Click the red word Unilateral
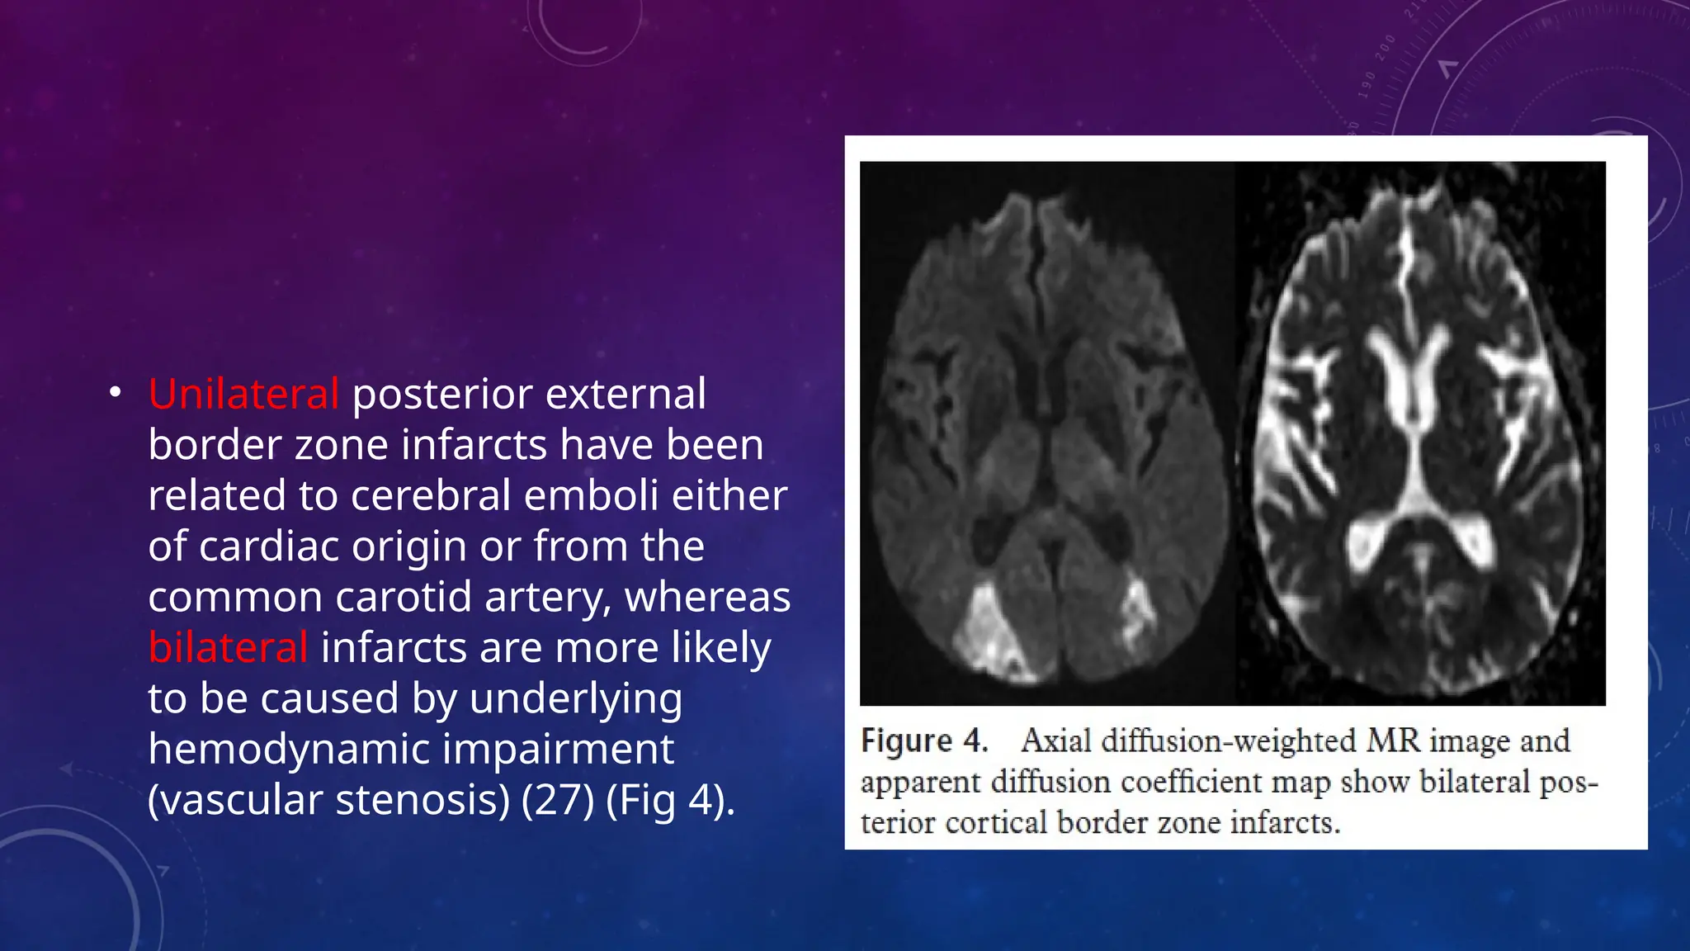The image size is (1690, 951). click(243, 394)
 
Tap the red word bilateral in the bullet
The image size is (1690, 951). click(228, 647)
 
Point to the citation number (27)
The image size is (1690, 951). click(557, 800)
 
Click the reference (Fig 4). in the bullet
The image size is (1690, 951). click(670, 800)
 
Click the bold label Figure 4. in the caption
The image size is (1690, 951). click(924, 740)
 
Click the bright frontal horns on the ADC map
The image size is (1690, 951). click(1412, 371)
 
